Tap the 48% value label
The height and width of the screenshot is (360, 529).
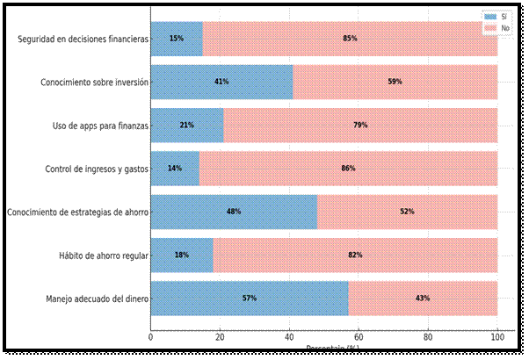[233, 212]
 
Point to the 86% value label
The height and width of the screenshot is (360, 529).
[348, 169]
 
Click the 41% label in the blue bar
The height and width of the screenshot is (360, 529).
[221, 82]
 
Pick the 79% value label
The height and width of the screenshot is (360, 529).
[360, 125]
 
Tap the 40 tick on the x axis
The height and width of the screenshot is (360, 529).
[289, 336]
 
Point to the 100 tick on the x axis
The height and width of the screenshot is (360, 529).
[497, 336]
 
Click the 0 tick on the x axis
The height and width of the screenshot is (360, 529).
[151, 336]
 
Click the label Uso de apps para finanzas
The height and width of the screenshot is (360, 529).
[100, 126]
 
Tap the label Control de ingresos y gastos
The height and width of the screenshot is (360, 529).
[97, 169]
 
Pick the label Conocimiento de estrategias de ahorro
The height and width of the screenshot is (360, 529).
[77, 212]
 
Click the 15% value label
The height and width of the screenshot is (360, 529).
[177, 39]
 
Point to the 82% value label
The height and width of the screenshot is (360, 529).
[355, 256]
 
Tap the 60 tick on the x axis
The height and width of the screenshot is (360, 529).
[359, 336]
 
